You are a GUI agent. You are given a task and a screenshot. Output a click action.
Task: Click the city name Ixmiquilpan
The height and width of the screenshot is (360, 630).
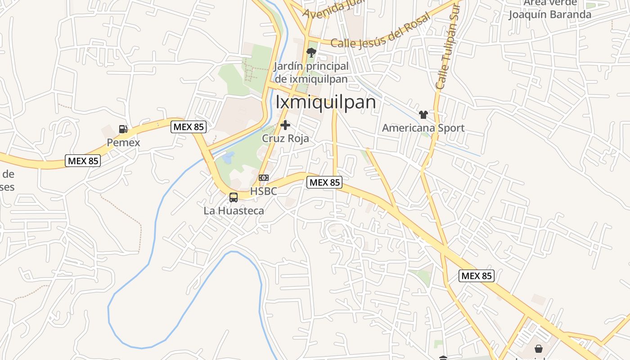click(x=325, y=102)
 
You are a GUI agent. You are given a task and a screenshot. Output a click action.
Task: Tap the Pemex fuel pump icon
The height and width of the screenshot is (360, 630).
click(x=123, y=129)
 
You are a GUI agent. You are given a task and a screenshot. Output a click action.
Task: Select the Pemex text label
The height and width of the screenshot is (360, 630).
click(x=123, y=143)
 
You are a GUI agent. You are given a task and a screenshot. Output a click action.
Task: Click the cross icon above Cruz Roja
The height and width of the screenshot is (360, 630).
click(x=285, y=125)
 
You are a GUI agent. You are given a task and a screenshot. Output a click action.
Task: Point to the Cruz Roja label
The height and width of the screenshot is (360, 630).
click(x=285, y=138)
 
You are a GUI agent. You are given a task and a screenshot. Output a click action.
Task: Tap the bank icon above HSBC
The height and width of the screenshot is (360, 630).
click(x=264, y=178)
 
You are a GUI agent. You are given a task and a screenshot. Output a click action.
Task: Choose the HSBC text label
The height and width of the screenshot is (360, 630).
click(x=263, y=191)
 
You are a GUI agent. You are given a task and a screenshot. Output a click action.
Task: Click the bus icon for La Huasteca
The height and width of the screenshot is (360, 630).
click(x=233, y=197)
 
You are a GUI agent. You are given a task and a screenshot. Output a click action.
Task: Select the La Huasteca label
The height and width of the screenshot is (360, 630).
click(x=234, y=210)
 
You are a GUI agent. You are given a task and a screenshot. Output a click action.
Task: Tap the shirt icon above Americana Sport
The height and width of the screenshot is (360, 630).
click(x=423, y=115)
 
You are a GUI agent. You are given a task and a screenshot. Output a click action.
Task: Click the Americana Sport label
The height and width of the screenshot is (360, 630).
click(x=423, y=128)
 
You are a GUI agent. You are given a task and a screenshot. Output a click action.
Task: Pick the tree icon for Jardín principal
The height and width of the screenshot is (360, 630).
click(x=310, y=53)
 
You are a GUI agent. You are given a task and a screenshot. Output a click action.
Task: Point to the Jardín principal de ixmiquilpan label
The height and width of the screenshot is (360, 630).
click(x=311, y=72)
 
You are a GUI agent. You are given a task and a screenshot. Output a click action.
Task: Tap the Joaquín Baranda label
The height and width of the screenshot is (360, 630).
click(x=549, y=14)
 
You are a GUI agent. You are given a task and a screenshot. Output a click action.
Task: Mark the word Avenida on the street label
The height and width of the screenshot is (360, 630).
click(x=320, y=10)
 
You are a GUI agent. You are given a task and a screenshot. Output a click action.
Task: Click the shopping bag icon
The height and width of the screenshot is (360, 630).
click(x=538, y=349)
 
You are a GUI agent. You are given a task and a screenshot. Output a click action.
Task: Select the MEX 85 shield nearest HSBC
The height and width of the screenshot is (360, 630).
click(x=324, y=182)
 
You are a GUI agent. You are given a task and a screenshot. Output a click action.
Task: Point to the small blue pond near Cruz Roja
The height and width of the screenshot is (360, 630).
click(x=228, y=157)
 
